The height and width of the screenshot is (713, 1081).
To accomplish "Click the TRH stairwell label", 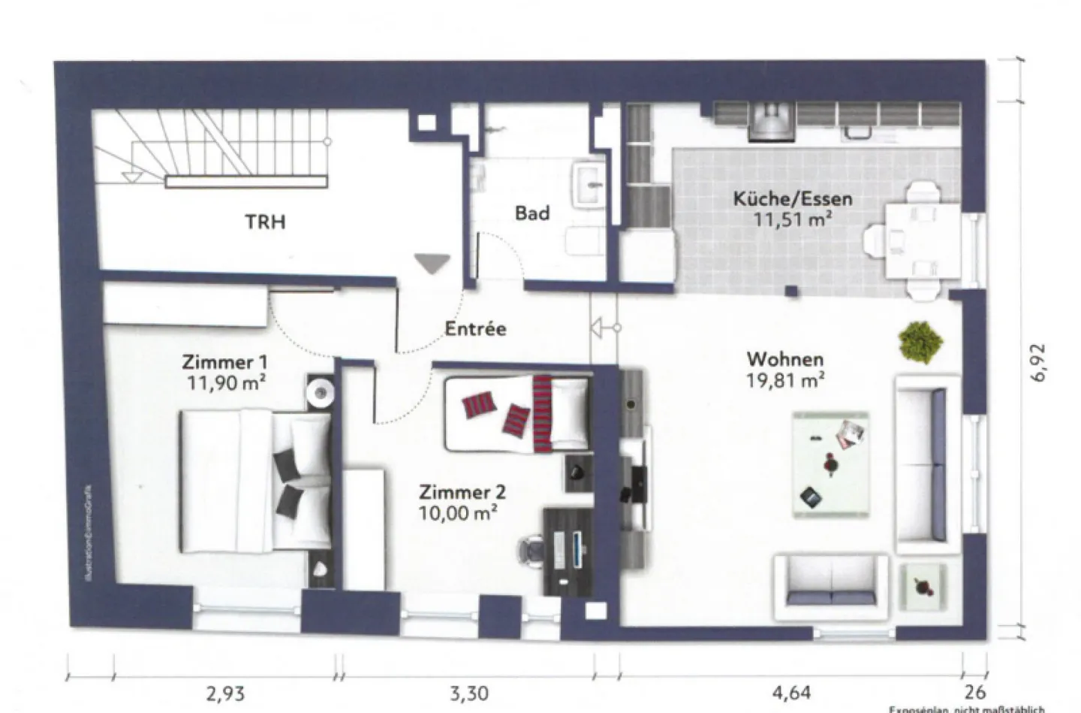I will (x=265, y=222).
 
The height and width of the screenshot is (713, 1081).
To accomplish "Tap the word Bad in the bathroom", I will (x=531, y=213).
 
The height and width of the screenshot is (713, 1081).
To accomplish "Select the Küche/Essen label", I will (x=792, y=199).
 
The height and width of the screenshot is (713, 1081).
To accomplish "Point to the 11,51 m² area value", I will (x=792, y=219).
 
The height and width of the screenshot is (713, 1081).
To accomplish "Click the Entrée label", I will (x=475, y=329).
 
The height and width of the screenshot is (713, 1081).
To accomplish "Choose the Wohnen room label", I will (x=784, y=359).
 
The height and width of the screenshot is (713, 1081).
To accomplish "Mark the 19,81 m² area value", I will (x=784, y=380).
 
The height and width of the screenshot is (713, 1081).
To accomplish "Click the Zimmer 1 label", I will (x=224, y=362).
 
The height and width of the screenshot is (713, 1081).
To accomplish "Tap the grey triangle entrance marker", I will (x=432, y=263).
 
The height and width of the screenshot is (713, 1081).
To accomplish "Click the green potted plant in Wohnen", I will (x=920, y=343).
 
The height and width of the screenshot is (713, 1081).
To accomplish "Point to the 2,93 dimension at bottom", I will (x=225, y=693).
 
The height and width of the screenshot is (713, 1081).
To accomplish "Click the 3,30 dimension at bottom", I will (x=468, y=693).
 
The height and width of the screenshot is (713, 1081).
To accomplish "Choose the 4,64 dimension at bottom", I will (x=790, y=693).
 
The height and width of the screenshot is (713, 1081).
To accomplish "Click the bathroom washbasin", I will (x=591, y=185).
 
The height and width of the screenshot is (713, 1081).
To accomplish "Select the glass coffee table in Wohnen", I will (x=831, y=464).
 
